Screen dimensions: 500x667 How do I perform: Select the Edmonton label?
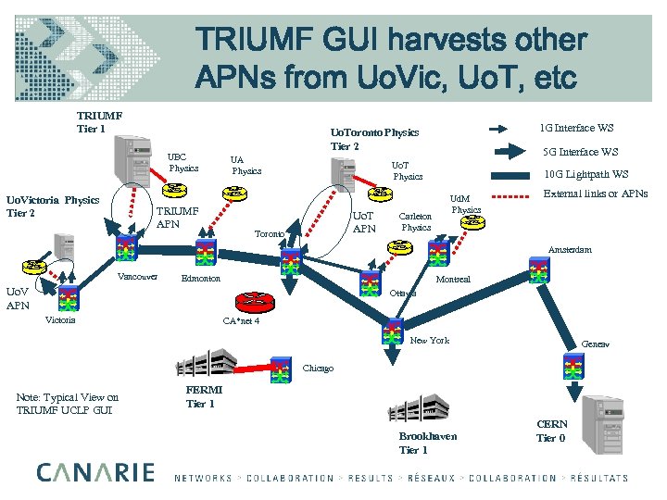[201, 279]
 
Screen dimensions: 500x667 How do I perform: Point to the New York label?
[429, 341]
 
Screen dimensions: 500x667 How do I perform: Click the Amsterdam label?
[569, 250]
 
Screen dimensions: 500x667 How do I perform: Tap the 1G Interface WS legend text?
[576, 128]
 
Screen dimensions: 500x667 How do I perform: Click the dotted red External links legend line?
[510, 195]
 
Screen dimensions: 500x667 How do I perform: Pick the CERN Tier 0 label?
[550, 431]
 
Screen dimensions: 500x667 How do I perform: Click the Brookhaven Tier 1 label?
[427, 443]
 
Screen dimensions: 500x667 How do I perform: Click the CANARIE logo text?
[95, 472]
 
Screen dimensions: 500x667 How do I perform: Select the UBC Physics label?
[182, 162]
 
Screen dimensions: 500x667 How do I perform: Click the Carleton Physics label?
[416, 221]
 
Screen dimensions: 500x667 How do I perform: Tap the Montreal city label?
[453, 279]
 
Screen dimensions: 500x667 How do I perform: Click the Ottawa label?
[402, 294]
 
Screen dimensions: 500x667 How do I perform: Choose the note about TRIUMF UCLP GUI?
[68, 404]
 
